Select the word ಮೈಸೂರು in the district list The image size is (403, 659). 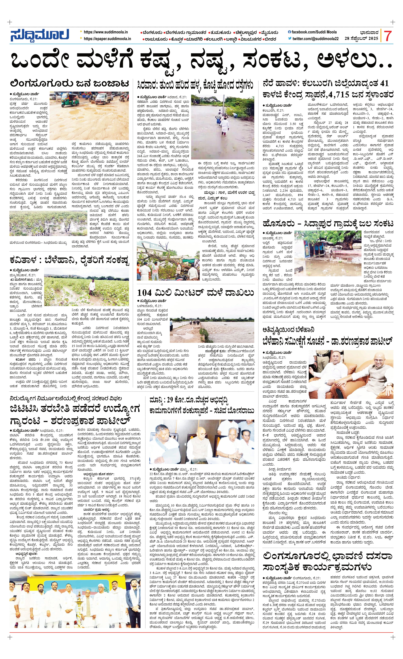tap(270, 33)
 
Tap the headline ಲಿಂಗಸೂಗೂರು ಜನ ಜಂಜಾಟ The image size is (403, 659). tap(69, 84)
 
